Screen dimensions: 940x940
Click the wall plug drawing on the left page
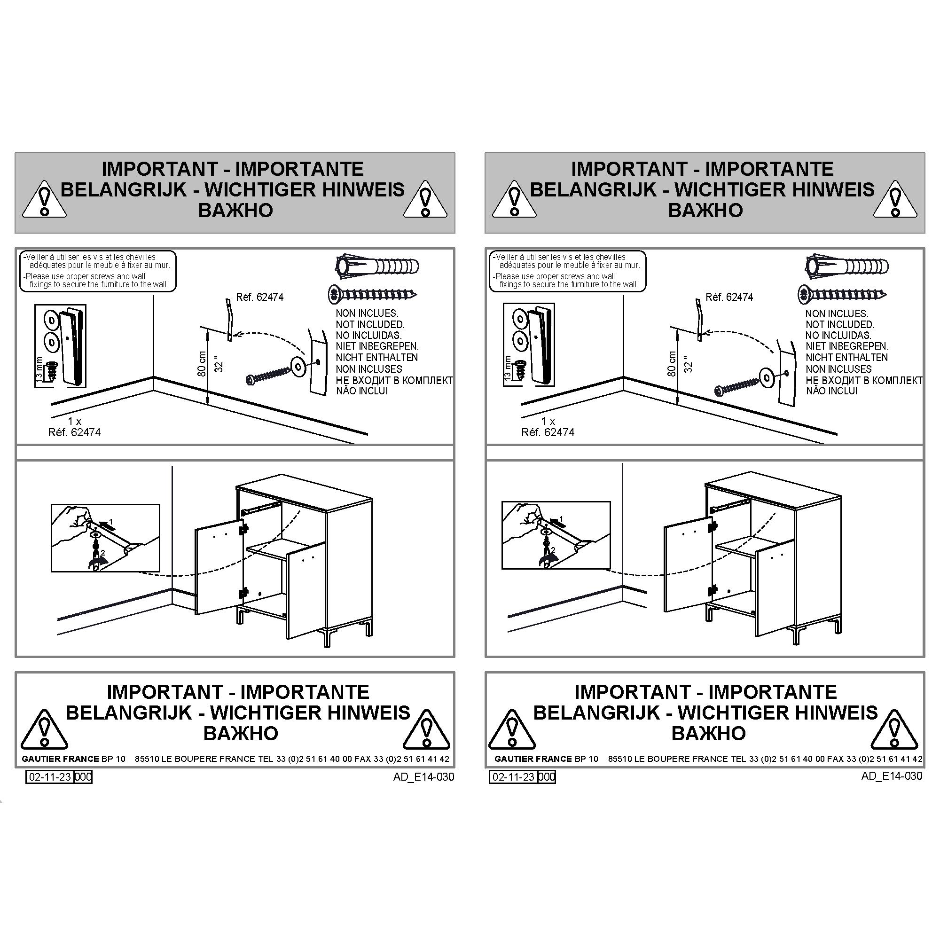point(377,266)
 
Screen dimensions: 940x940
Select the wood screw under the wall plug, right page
point(842,294)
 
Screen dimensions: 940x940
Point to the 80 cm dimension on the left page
point(202,363)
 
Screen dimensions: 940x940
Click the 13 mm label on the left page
point(39,368)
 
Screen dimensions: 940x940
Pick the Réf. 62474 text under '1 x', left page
point(74,432)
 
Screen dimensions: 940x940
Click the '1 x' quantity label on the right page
point(548,421)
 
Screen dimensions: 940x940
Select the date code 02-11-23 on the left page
point(50,776)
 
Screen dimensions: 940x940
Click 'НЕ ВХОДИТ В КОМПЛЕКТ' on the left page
point(394,380)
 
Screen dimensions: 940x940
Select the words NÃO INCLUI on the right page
point(831,391)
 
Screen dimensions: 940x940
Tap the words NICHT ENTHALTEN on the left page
point(376,358)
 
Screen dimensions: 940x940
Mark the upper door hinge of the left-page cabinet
point(244,527)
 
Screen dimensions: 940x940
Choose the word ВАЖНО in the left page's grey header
point(235,210)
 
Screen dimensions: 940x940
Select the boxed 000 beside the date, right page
point(547,776)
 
